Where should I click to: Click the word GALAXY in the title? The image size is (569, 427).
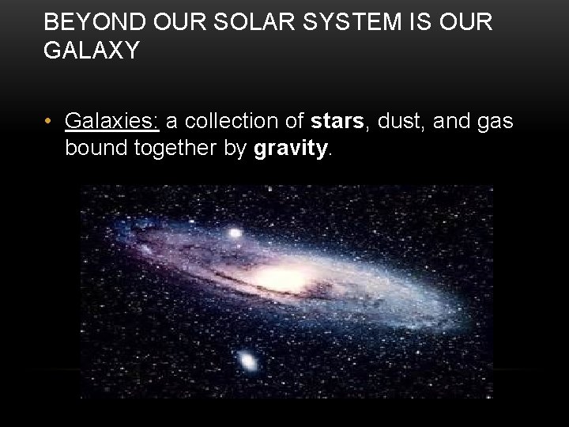pos(92,51)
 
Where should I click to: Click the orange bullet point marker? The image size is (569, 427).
pos(49,122)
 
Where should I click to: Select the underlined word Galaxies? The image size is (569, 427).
pos(112,122)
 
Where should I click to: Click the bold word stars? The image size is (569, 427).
pos(337,122)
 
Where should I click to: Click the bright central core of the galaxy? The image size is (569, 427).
pos(277,279)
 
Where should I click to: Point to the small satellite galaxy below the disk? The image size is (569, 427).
pos(247,362)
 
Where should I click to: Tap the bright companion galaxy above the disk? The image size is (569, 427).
pos(235,234)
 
